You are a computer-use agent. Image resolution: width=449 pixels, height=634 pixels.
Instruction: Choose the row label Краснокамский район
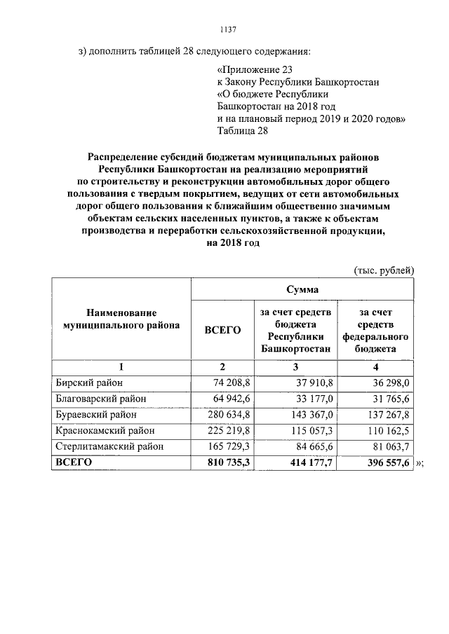pyautogui.click(x=104, y=430)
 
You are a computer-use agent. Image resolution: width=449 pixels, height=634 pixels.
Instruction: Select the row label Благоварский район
pyautogui.click(x=100, y=399)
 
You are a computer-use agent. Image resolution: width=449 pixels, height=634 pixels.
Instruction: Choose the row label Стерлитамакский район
pyautogui.click(x=108, y=446)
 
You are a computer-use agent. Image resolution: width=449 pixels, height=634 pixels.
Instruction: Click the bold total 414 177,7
pyautogui.click(x=303, y=462)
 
